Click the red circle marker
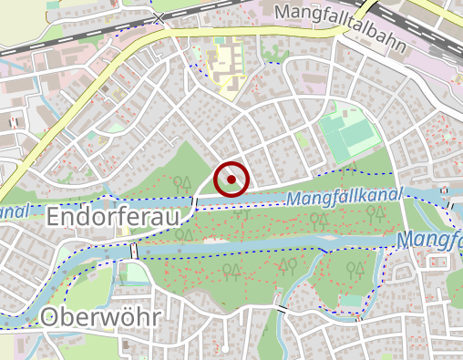(231, 180)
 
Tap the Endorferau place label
(117, 218)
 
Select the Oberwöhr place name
(101, 318)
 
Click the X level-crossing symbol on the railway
(159, 17)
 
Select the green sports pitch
(352, 136)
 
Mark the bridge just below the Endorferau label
(134, 250)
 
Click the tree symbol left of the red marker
(181, 184)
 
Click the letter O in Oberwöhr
(53, 318)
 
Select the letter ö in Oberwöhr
(129, 318)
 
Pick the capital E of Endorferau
(54, 218)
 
